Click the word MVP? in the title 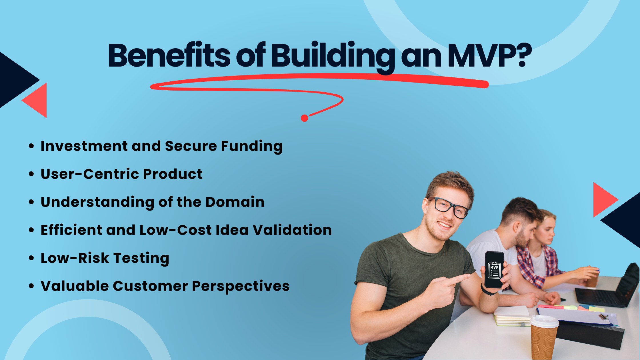click(489, 56)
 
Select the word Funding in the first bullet click(252, 146)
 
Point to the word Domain click(235, 202)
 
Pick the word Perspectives click(241, 286)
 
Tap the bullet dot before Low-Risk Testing click(31, 258)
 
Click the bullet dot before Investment click(31, 146)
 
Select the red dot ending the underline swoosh click(305, 118)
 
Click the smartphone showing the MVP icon click(494, 270)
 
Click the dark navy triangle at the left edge click(14, 80)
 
